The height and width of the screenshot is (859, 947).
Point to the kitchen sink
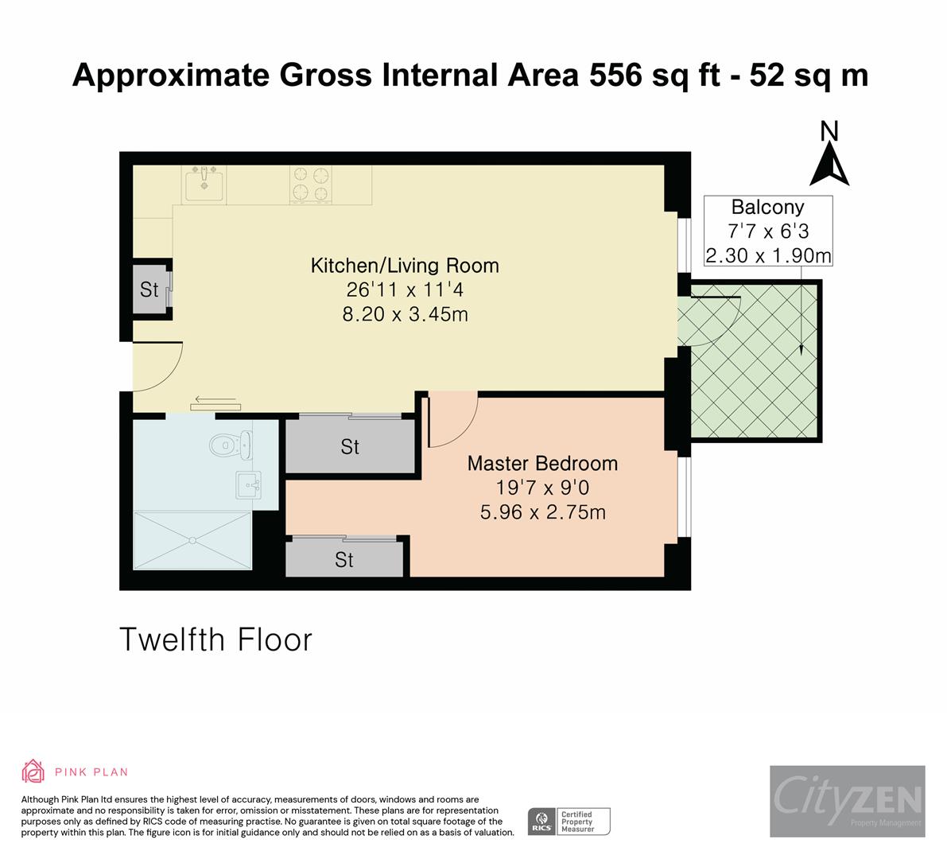click(204, 185)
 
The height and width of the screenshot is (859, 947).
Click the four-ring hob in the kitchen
click(311, 184)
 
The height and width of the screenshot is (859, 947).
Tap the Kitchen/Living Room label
click(404, 266)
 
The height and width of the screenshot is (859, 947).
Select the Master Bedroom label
click(542, 463)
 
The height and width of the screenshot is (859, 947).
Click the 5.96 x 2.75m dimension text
click(542, 512)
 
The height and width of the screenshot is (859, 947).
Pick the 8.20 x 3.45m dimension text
click(404, 314)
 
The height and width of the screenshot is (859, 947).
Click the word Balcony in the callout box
click(767, 208)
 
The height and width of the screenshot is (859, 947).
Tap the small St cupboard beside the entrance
click(149, 290)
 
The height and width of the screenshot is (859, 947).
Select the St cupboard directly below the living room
click(350, 447)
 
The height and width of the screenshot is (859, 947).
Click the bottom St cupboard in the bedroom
click(343, 560)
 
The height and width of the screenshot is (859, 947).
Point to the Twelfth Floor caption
click(215, 639)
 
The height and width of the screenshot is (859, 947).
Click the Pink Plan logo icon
click(33, 771)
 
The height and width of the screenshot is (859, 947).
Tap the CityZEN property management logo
click(847, 800)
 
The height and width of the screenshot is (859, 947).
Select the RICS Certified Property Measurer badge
click(569, 821)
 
